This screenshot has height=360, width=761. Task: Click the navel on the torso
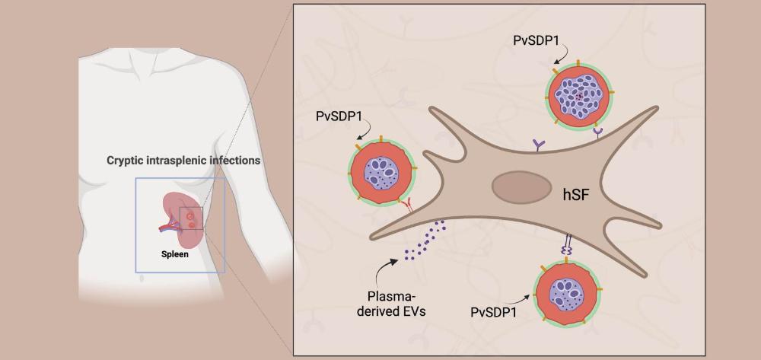tap(142, 279)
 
